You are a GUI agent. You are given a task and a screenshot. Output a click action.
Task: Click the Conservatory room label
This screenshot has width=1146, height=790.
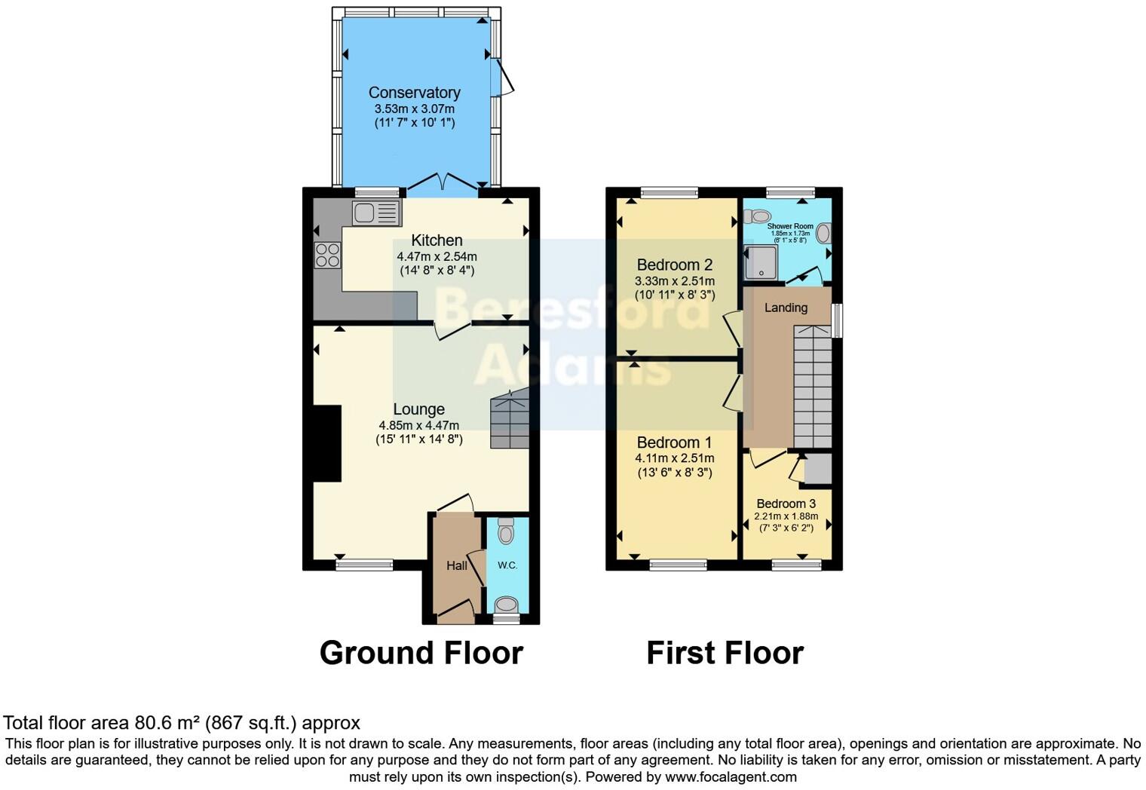[x=414, y=93]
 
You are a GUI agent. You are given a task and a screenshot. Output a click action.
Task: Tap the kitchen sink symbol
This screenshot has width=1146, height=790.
[x=375, y=213]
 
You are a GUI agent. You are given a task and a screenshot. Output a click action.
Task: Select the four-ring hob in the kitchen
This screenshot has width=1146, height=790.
[x=327, y=256]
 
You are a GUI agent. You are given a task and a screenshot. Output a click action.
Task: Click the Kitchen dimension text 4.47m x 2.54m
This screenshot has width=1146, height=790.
[x=437, y=256]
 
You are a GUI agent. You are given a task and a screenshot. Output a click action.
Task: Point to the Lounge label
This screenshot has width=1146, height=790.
[x=418, y=409]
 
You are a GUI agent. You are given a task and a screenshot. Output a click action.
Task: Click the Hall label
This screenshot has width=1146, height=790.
[x=456, y=565]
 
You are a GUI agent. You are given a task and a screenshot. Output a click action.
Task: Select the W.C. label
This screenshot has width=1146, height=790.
[x=507, y=565]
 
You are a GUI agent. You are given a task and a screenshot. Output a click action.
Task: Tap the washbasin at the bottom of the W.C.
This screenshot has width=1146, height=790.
[x=506, y=605]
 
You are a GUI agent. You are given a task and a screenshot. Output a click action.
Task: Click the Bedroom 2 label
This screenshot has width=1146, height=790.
[x=674, y=265]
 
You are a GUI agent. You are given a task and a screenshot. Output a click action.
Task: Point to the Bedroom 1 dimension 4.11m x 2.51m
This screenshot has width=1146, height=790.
[x=674, y=458]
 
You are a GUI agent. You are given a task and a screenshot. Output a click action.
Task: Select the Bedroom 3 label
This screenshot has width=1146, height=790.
[x=786, y=504]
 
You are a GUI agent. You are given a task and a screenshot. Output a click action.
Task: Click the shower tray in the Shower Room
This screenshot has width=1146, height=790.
[x=761, y=262]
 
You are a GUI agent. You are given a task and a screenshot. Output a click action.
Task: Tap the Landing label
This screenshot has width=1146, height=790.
[x=786, y=308]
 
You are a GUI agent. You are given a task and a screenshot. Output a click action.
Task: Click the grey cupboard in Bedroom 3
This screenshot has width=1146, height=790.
[x=818, y=469]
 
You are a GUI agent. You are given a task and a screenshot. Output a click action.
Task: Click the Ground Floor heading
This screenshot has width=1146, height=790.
[x=421, y=653]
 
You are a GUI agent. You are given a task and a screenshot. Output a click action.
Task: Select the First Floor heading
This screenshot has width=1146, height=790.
[x=725, y=653]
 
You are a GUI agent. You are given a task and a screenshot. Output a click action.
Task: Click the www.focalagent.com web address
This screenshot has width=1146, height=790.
[x=731, y=776]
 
